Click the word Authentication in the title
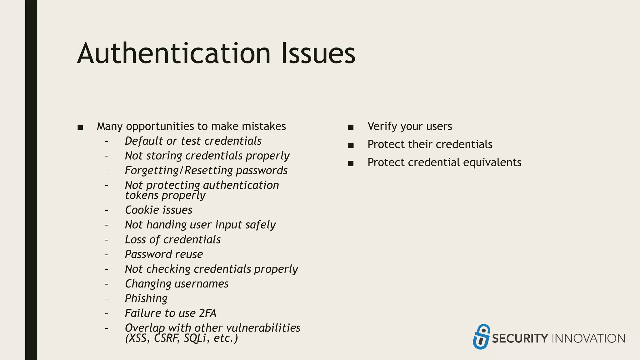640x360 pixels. [x=174, y=54]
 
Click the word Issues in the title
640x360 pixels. [x=318, y=54]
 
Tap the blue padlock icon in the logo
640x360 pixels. [x=481, y=337]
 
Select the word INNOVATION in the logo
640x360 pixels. [x=589, y=339]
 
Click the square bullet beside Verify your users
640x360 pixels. [x=351, y=127]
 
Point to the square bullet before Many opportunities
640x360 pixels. [x=80, y=127]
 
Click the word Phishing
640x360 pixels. [x=146, y=299]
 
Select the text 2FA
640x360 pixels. [x=207, y=313]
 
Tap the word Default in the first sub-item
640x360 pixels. [x=144, y=141]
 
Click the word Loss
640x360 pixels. [x=135, y=240]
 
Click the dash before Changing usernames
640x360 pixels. [x=107, y=284]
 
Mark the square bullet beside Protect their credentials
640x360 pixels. [x=351, y=145]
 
